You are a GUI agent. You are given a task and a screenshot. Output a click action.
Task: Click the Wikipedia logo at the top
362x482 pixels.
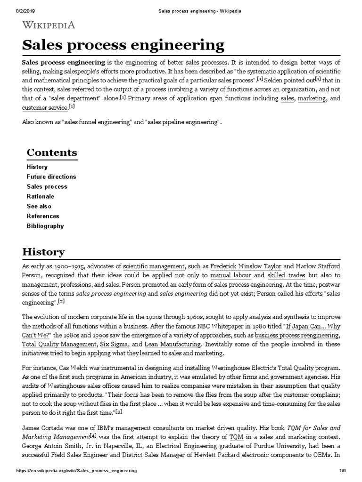pos(49,25)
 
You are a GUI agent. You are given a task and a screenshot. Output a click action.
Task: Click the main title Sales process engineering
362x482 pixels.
pos(123,45)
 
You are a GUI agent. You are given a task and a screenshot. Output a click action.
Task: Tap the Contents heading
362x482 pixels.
pos(52,153)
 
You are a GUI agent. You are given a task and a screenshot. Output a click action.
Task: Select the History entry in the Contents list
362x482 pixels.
pos(37,167)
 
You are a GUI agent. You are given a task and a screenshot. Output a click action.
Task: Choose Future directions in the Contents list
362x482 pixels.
pos(51,177)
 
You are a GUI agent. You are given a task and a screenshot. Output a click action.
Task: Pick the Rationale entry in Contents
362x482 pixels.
pos(41,196)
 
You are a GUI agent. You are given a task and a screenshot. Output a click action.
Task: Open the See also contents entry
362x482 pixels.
pos(39,206)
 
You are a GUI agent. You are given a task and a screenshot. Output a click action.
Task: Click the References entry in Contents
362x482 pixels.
pos(43,216)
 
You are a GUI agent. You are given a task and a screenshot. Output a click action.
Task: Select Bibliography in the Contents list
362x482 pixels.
pos(45,226)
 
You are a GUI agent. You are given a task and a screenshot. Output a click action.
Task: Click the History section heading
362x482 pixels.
pos(43,251)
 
